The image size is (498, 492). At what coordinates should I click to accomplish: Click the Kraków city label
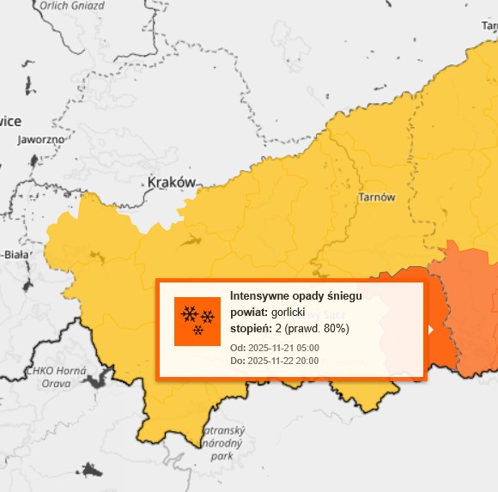172,182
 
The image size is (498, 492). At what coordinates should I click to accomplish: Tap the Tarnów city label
377,197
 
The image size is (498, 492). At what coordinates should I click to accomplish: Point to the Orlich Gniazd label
71,4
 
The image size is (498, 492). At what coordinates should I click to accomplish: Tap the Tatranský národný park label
222,443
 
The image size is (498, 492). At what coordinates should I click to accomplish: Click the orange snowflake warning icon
197,321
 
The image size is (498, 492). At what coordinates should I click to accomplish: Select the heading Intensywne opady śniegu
295,296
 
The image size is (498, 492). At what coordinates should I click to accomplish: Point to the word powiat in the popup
248,313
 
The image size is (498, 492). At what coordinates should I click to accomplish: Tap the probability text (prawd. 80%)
317,329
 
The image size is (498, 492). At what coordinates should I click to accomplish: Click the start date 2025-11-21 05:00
283,348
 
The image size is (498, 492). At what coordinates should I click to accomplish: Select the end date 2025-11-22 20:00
283,361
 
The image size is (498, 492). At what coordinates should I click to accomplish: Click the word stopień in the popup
251,329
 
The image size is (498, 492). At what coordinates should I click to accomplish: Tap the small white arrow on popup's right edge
430,329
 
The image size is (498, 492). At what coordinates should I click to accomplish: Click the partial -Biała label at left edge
15,254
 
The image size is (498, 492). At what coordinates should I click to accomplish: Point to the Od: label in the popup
237,348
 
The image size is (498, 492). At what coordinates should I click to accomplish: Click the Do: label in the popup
237,361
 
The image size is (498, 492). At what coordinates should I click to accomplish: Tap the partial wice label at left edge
10,121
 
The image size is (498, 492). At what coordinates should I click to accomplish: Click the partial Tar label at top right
489,27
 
